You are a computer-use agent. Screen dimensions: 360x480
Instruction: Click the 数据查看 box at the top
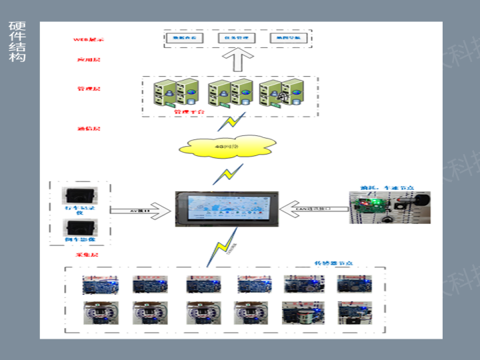tap(185, 39)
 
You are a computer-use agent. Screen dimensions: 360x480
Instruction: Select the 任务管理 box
tap(235, 39)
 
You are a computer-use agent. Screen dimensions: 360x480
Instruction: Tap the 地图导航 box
tap(289, 39)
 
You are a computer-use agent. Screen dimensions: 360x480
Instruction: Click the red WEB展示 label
tap(88, 40)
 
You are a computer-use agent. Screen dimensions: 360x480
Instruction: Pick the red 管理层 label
tap(88, 88)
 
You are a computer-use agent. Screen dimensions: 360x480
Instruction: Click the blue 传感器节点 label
tap(331, 263)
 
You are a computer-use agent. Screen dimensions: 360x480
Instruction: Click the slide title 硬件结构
tap(17, 41)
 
